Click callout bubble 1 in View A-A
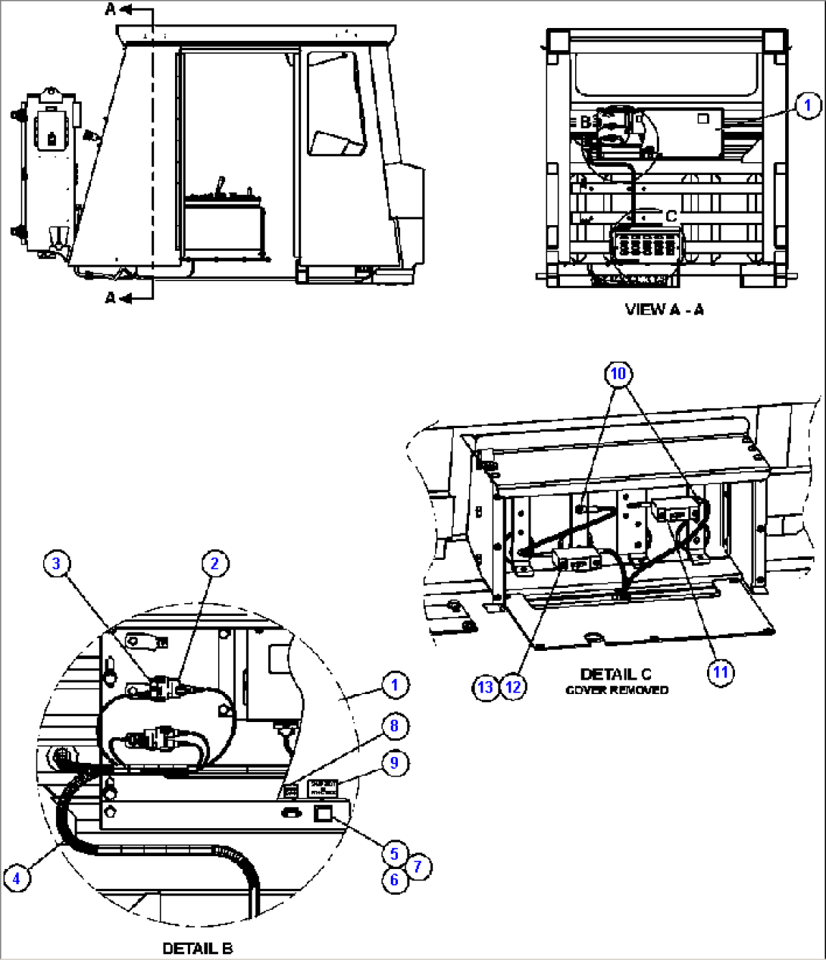(808, 105)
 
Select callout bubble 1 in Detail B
(394, 685)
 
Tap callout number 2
(214, 563)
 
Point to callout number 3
(56, 563)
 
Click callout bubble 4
(17, 879)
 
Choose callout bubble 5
(394, 854)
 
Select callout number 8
(394, 726)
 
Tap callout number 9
(394, 762)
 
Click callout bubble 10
(619, 373)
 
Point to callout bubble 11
(721, 671)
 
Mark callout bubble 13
(486, 687)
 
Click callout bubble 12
(514, 687)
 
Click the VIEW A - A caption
(664, 309)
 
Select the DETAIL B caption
(198, 948)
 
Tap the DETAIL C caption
(615, 674)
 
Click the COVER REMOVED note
(617, 690)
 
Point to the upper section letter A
(111, 9)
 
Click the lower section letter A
(111, 298)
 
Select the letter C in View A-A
(671, 217)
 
